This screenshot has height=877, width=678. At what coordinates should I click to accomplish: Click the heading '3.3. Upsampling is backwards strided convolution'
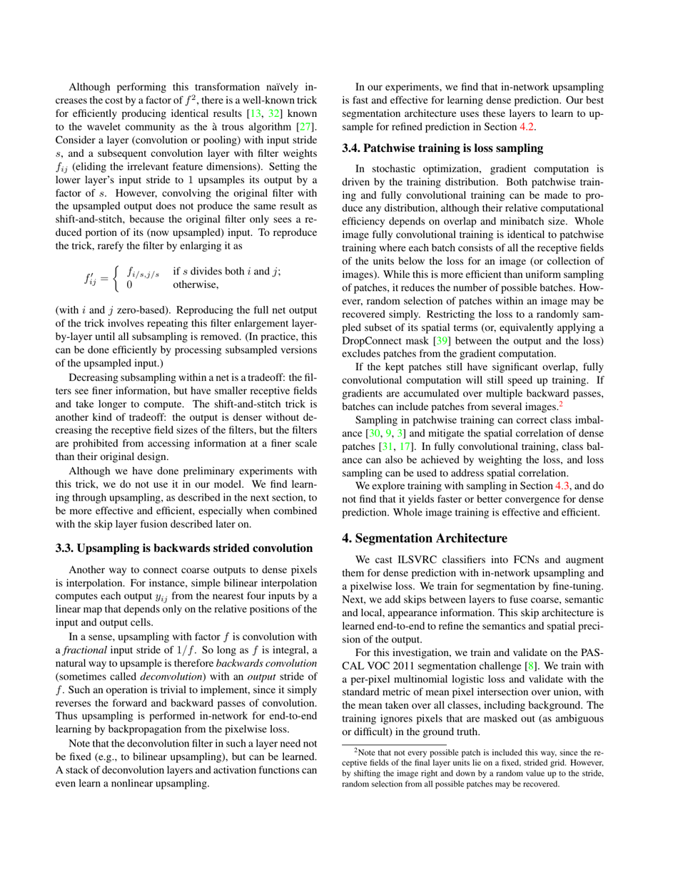184,548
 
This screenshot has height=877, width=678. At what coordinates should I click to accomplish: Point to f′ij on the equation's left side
92,279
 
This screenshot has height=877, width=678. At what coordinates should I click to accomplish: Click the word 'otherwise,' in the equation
196,285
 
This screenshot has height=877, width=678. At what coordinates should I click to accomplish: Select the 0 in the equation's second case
129,285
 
